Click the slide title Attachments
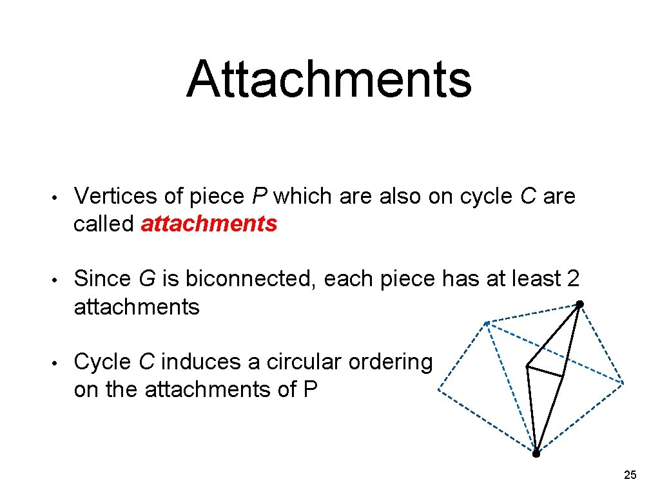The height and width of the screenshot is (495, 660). pos(329,79)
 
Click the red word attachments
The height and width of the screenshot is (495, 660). pos(209,224)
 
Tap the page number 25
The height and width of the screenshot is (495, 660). pos(630,475)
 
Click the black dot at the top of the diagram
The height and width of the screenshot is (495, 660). pos(579,304)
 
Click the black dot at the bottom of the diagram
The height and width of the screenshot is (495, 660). pos(536,453)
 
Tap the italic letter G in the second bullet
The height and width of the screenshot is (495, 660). pos(146,279)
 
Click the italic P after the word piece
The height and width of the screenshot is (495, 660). pos(260,196)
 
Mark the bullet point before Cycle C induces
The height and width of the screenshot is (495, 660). pos(57,363)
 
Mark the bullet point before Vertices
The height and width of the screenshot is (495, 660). pos(57,197)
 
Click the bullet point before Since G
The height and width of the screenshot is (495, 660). pos(57,280)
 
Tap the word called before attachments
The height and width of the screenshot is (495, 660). pos(103,224)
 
